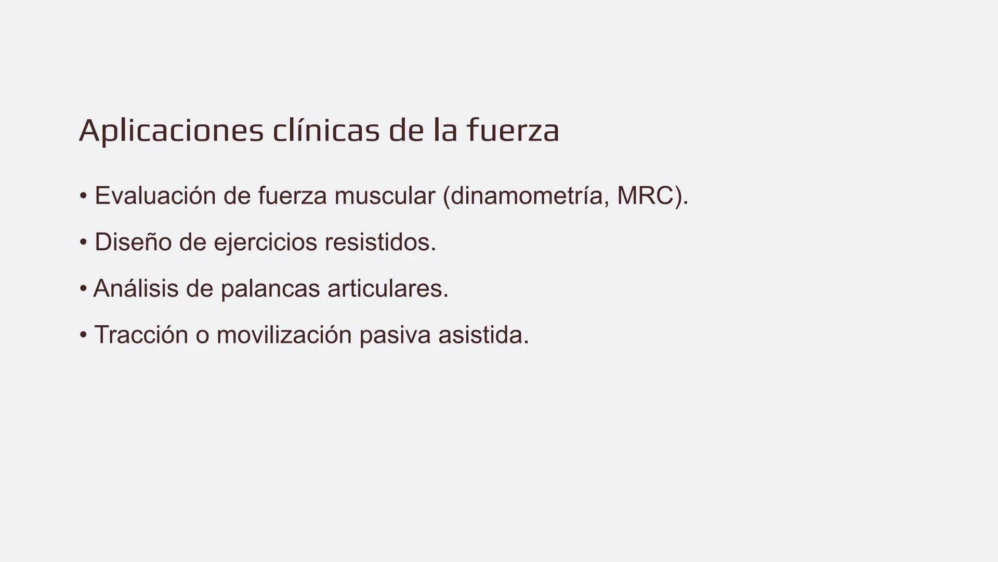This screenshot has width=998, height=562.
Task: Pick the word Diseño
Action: pos(133,242)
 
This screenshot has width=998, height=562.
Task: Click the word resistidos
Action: pos(380,242)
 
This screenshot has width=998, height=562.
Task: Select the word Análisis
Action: pos(136,289)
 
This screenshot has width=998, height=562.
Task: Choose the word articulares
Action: pos(388,289)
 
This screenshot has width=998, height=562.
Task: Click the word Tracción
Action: pos(141,335)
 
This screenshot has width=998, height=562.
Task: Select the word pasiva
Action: pos(395,335)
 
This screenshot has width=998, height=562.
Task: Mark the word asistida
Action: pos(483,335)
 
